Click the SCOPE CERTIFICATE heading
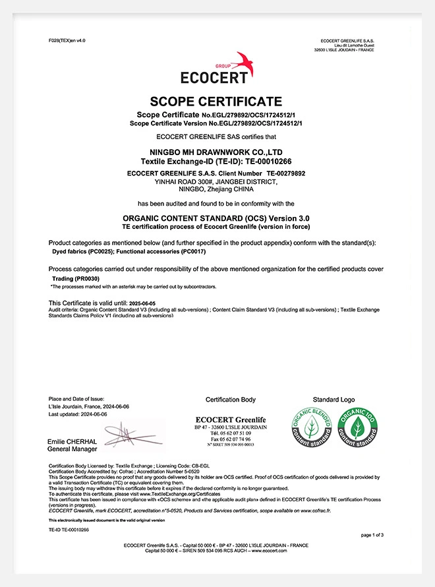tap(216, 102)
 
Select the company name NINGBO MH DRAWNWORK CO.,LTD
tap(216, 153)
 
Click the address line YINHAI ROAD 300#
tap(184, 181)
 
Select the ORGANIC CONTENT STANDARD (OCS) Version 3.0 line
tap(216, 217)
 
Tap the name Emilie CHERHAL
tap(72, 441)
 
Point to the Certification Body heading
tap(231, 400)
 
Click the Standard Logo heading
tap(333, 400)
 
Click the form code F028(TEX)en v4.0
tap(67, 41)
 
